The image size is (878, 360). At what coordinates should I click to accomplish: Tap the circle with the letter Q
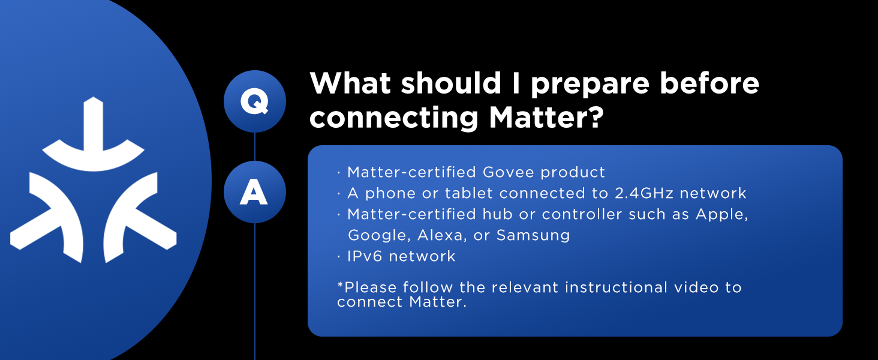tap(255, 101)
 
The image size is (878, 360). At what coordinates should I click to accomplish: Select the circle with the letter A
tap(255, 192)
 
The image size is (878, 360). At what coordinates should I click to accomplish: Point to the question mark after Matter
tap(592, 116)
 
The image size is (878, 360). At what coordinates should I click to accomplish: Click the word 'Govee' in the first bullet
tap(508, 172)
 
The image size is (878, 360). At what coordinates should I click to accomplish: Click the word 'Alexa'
tap(440, 235)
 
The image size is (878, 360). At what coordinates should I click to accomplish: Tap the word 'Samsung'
tap(533, 236)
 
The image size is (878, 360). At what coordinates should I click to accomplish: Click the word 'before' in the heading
tap(709, 83)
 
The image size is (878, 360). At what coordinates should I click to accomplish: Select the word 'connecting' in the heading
tap(393, 118)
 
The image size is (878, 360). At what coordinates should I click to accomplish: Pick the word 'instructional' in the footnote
tap(616, 287)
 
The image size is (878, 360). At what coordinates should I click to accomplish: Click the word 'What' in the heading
tap(350, 83)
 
